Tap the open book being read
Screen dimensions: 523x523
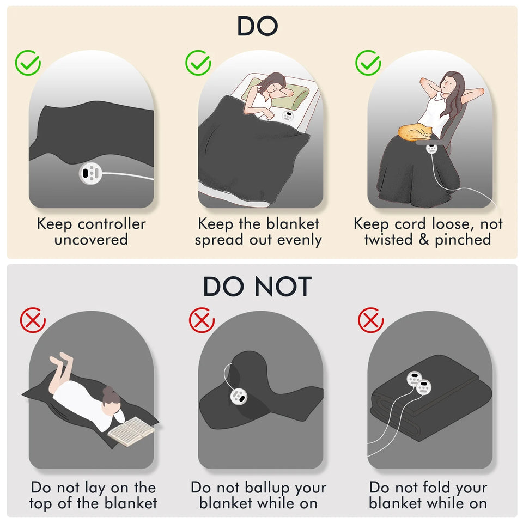tap(131, 431)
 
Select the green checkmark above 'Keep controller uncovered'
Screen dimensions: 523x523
tap(28, 63)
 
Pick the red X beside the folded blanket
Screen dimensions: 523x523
tap(370, 320)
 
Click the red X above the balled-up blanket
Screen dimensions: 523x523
tap(202, 320)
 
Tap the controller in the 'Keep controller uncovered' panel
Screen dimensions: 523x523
tap(90, 173)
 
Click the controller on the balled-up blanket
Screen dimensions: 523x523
tap(239, 396)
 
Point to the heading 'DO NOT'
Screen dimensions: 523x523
tap(257, 287)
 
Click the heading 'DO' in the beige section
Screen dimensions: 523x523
tap(258, 26)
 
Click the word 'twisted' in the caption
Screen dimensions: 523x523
tap(388, 239)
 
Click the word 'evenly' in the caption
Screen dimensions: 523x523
tap(300, 240)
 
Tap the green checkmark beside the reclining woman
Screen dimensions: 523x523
tap(368, 63)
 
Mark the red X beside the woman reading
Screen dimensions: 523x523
tap(33, 320)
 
